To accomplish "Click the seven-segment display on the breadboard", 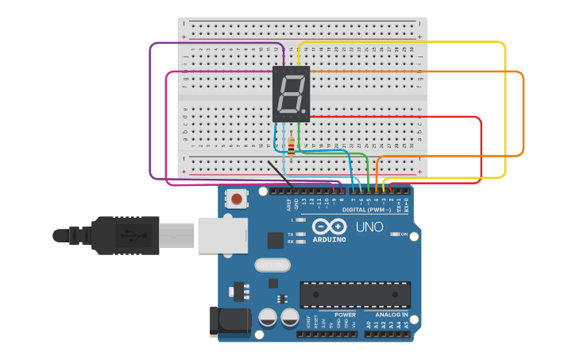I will [291, 94].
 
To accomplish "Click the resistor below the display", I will [291, 148].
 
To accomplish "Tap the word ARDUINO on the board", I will [329, 238].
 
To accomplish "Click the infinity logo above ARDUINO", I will [329, 226].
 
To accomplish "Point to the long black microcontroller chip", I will [355, 294].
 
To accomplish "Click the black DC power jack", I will [230, 321].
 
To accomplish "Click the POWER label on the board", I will [345, 315].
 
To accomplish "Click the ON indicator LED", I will [395, 234].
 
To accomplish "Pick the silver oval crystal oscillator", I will [273, 265].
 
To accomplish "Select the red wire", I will [481, 151].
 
